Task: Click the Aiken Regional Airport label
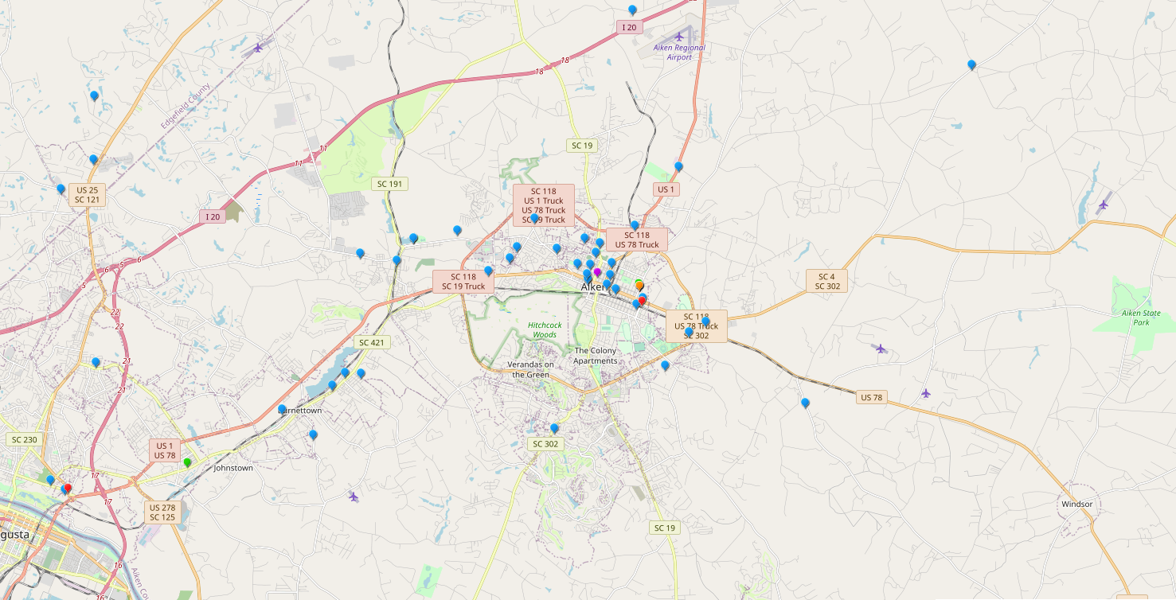[679, 53]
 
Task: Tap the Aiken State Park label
[1140, 318]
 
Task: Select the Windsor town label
[1076, 504]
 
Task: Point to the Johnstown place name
[233, 468]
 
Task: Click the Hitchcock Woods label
[544, 329]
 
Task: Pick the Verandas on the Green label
[530, 369]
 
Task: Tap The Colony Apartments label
[596, 356]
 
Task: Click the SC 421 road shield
[371, 342]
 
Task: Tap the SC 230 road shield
[24, 439]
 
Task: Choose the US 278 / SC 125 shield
[162, 512]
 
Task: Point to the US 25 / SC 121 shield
[87, 194]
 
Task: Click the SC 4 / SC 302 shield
[827, 281]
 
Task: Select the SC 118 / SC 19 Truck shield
[463, 282]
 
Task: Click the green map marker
[187, 462]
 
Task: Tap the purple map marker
[597, 272]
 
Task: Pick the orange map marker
[639, 284]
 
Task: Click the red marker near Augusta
[68, 489]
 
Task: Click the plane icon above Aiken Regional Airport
[679, 36]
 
